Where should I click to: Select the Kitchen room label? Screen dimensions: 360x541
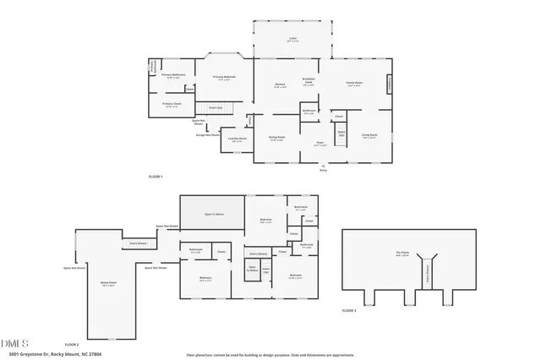280,85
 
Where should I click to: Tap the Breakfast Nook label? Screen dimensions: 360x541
309,83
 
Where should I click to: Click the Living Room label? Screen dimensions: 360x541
369,136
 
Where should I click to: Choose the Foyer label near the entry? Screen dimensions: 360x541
320,145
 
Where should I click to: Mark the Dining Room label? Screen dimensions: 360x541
277,139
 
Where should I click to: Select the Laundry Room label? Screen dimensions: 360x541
239,139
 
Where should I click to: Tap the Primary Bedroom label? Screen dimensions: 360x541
224,78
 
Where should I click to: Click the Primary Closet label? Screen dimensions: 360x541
172,106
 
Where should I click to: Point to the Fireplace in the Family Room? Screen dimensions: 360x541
390,85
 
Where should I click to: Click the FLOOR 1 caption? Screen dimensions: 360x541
155,176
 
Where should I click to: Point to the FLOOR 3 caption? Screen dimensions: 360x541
349,311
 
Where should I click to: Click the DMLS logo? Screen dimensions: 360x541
14,343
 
